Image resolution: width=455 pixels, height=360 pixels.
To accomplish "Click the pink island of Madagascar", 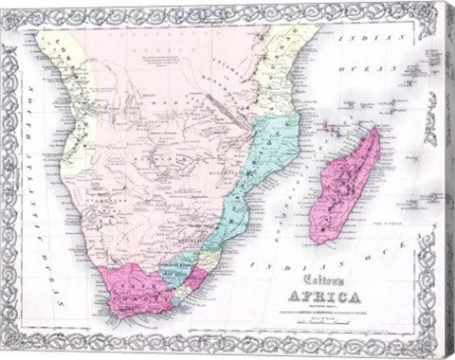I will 345,185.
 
